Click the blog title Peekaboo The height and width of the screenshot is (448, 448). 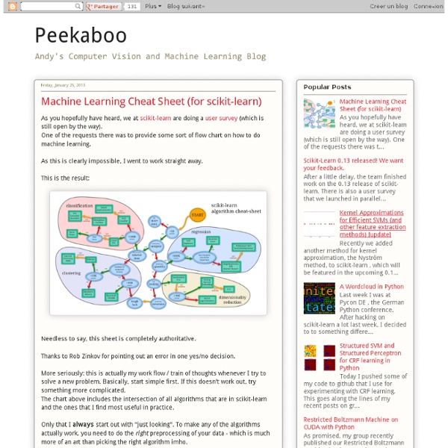[81, 36]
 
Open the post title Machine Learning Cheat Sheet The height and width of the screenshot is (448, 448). [151, 102]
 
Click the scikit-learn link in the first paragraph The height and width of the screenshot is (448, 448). [155, 118]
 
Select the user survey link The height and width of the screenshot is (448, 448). [222, 118]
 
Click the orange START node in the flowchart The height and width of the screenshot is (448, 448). [197, 215]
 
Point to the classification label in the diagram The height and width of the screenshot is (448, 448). [78, 205]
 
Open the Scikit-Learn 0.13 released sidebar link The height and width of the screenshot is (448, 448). [353, 164]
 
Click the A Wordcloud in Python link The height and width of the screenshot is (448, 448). [371, 286]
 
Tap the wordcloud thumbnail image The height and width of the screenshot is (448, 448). [319, 298]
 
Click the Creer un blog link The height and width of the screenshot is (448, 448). [388, 6]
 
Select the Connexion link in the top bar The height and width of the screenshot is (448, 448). [428, 6]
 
